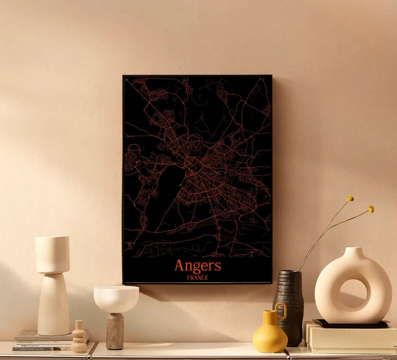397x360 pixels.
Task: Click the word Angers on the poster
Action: [x=198, y=266]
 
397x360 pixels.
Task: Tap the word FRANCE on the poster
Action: [x=198, y=278]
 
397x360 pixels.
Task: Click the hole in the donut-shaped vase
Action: [x=353, y=293]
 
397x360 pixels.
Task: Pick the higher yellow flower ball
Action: [x=350, y=199]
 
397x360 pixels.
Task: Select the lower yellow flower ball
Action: [x=371, y=209]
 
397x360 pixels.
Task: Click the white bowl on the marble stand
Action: [x=116, y=298]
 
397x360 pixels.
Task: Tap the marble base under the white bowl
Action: [x=115, y=331]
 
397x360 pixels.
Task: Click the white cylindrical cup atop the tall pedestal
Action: [x=52, y=254]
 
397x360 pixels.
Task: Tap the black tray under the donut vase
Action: [x=350, y=325]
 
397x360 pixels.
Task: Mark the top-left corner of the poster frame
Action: [x=123, y=75]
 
